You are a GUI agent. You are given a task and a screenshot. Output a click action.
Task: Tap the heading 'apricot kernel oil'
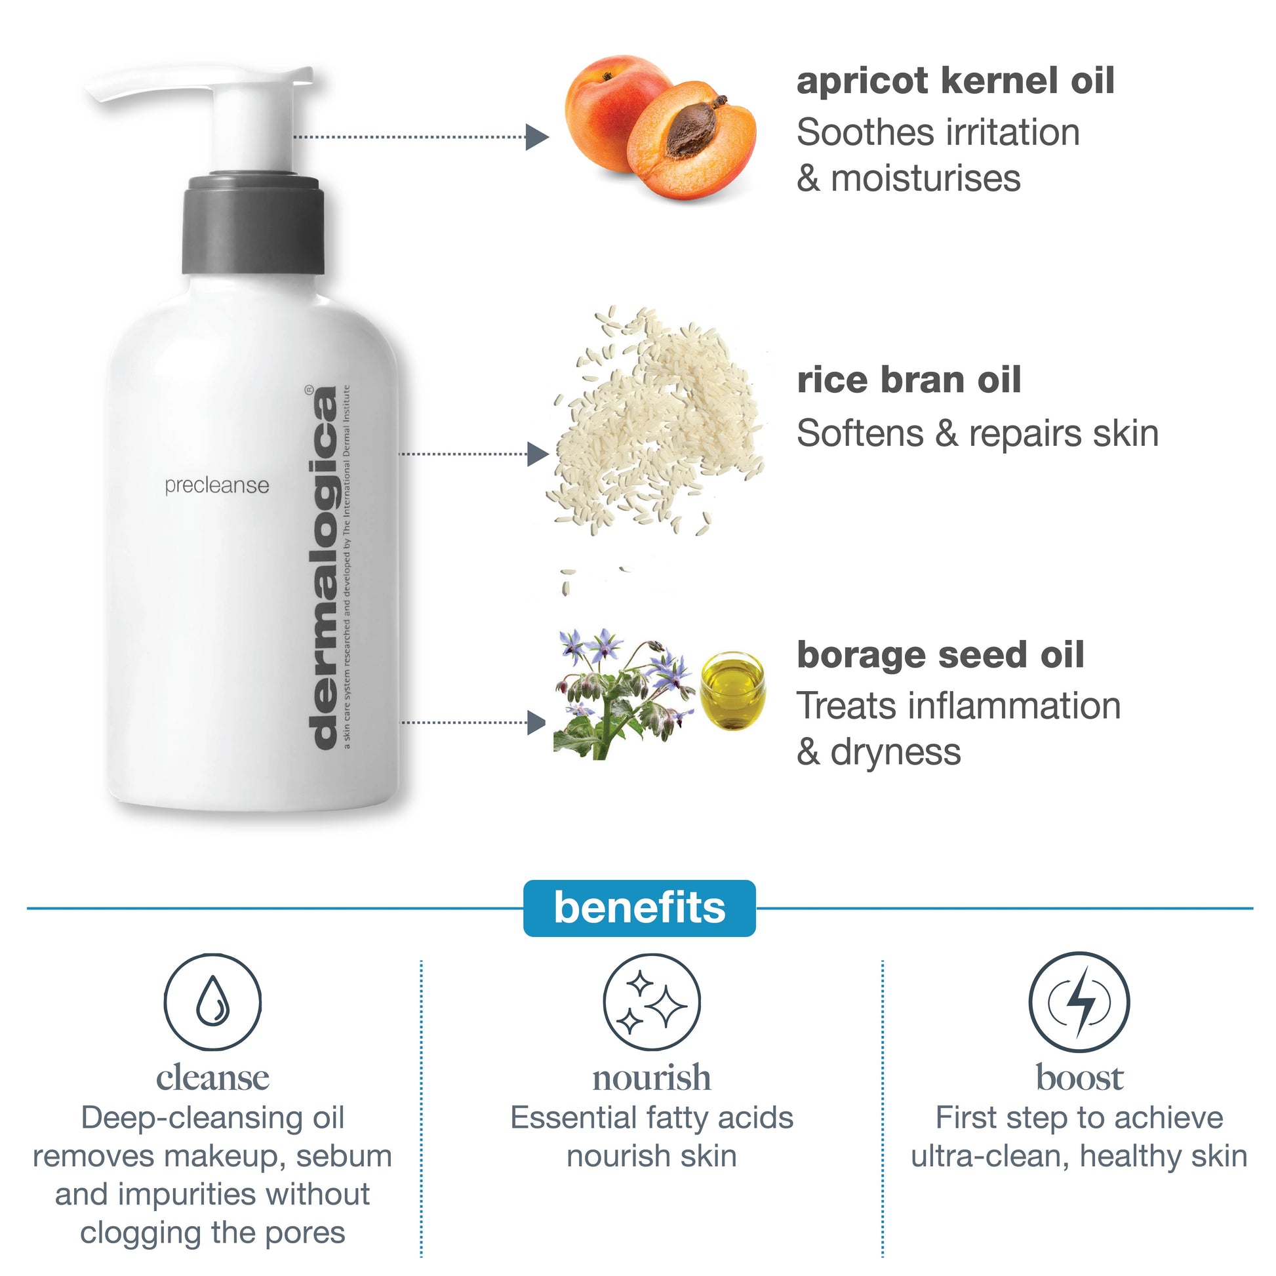pos(955,81)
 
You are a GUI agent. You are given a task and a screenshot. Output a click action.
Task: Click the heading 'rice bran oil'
pos(909,380)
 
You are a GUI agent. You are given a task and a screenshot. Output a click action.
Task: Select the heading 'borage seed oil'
pos(940,655)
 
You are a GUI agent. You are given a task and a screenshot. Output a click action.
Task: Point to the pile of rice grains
pos(657,423)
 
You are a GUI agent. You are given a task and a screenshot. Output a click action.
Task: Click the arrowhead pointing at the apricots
pos(537,138)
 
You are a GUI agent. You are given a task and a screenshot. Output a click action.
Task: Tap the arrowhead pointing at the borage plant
pos(536,723)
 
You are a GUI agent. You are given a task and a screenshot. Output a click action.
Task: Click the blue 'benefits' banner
pos(639,908)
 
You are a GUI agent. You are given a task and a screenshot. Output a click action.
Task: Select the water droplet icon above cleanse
pos(212,1001)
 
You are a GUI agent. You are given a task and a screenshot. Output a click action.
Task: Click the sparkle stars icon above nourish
pos(652,1001)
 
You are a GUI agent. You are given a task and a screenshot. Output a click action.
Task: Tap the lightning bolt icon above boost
pos(1079,1003)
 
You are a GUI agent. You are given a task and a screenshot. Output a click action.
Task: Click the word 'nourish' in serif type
pos(652,1079)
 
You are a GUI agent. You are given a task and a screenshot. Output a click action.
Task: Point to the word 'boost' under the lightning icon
pos(1079,1079)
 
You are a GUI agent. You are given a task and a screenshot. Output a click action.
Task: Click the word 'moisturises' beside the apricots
pos(925,179)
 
